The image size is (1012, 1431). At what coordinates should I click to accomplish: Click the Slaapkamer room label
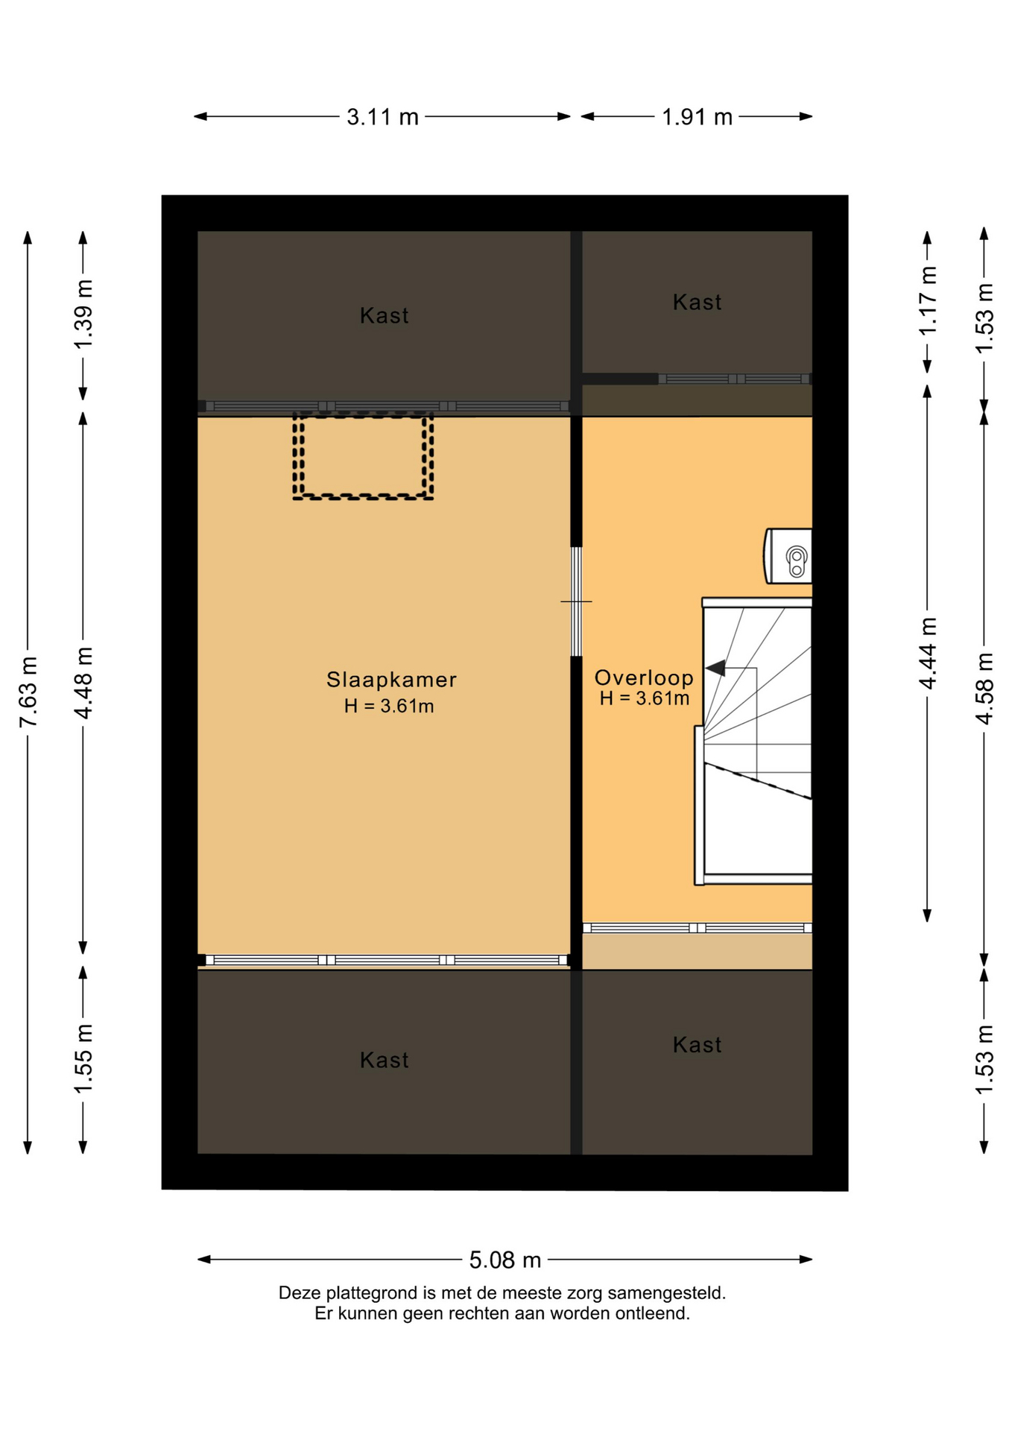point(391,680)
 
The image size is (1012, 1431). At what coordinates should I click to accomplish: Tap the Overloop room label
point(644,677)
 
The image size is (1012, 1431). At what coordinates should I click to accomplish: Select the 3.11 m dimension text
point(382,117)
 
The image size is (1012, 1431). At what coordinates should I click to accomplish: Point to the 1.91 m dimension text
point(698,117)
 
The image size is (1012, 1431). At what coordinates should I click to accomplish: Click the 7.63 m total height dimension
point(28,692)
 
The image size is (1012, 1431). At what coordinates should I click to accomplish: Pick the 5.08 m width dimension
point(505,1260)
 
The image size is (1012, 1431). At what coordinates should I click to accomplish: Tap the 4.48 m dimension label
point(83,683)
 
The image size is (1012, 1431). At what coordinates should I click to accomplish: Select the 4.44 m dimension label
point(928,654)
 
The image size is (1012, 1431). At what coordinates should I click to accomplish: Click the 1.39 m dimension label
point(83,314)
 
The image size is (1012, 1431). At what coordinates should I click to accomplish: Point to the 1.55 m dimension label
point(83,1059)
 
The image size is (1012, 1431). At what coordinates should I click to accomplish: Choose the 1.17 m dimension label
point(928,301)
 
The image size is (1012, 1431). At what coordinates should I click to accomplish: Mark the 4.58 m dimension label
point(984,688)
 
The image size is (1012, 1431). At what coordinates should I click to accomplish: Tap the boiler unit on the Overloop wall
point(788,555)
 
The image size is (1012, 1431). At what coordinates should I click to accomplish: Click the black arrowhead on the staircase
point(716,668)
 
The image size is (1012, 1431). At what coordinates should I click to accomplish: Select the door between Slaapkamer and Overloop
point(576,601)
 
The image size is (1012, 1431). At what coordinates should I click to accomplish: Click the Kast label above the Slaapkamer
point(385,316)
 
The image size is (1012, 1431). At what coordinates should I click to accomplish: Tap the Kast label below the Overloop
point(698,1045)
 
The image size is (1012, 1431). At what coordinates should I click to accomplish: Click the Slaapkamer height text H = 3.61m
point(389,707)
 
